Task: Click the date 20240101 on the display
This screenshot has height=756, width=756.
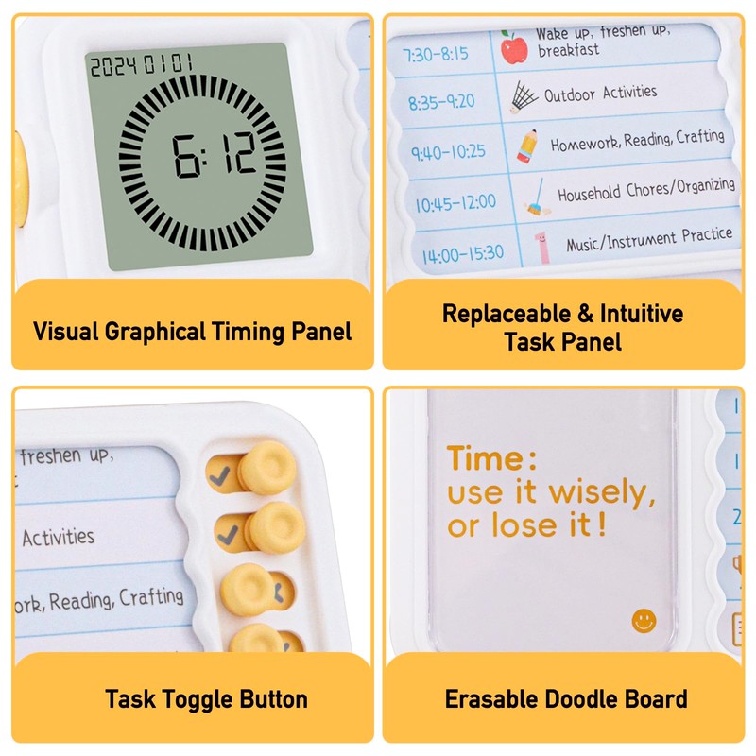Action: pyautogui.click(x=141, y=66)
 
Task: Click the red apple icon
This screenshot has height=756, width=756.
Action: pyautogui.click(x=514, y=48)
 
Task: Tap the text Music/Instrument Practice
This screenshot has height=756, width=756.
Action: pyautogui.click(x=648, y=238)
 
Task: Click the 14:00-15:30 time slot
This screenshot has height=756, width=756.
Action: pyautogui.click(x=463, y=253)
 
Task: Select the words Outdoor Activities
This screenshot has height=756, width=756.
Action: pyautogui.click(x=600, y=93)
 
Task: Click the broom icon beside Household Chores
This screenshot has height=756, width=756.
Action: pyautogui.click(x=536, y=197)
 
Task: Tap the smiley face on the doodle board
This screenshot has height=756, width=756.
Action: pyautogui.click(x=644, y=620)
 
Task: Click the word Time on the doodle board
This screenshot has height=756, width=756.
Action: pyautogui.click(x=485, y=459)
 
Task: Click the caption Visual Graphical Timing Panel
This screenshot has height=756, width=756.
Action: pyautogui.click(x=192, y=332)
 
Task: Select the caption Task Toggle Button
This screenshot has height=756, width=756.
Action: pyautogui.click(x=206, y=699)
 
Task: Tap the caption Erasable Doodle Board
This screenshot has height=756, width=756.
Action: pyautogui.click(x=566, y=699)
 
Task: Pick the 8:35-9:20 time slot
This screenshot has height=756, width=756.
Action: pyautogui.click(x=441, y=99)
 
